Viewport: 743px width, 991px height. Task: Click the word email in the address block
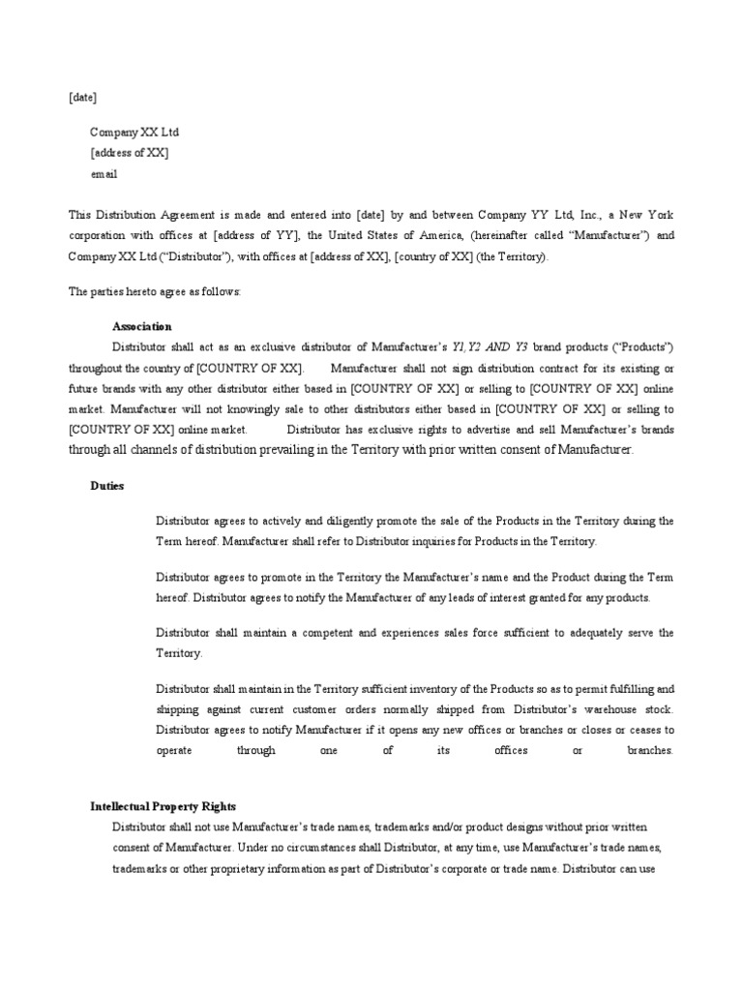pyautogui.click(x=104, y=174)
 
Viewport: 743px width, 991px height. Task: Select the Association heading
pyautogui.click(x=141, y=326)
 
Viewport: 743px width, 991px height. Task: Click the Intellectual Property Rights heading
pyautogui.click(x=163, y=806)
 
